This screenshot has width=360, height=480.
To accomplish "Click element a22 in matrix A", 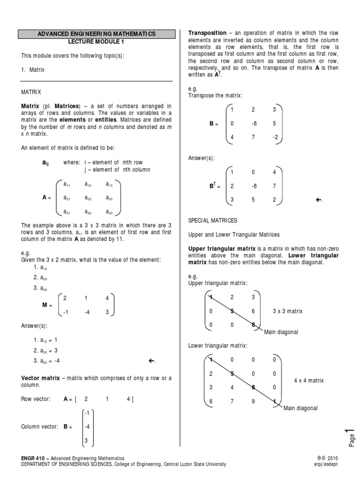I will click(x=88, y=198).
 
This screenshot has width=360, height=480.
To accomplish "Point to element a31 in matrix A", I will click(x=67, y=211).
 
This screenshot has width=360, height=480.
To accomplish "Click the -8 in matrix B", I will click(x=254, y=124).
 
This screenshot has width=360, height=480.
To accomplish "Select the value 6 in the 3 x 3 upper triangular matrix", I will click(x=253, y=311).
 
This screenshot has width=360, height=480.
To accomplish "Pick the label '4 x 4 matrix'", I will click(x=309, y=381).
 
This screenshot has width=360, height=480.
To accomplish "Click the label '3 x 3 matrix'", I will click(x=288, y=311).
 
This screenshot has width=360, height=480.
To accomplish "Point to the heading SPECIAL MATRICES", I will click(x=213, y=220).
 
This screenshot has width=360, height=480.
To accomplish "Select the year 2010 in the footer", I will click(x=331, y=458).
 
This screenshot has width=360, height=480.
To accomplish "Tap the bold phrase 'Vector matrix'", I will click(x=39, y=378).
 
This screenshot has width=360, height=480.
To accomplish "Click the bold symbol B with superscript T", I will click(x=212, y=186).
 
